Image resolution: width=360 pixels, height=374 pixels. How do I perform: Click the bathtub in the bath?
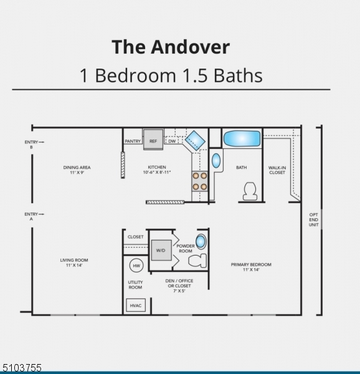click(x=242, y=138)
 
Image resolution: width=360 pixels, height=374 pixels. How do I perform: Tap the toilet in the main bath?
click(x=250, y=191)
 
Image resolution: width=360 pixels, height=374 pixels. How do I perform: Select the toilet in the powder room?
click(x=197, y=261)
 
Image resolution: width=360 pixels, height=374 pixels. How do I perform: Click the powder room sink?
click(x=201, y=241)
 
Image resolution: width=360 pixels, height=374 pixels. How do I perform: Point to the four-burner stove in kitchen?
click(x=200, y=181)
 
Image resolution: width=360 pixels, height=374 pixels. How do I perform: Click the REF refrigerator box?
click(x=153, y=140)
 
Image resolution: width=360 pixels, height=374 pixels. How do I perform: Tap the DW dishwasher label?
click(x=172, y=141)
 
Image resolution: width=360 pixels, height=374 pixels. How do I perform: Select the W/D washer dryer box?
click(x=161, y=250)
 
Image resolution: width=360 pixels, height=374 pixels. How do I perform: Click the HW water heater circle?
click(x=136, y=266)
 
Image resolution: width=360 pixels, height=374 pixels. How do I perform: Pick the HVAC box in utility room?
click(x=136, y=305)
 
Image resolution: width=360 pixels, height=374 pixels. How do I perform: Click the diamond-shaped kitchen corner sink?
click(x=195, y=140)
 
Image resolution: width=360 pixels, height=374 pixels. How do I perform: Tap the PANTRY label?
click(x=133, y=141)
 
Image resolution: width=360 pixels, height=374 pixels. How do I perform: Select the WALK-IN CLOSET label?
click(x=277, y=170)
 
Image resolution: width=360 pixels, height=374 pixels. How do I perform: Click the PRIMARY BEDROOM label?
click(x=251, y=267)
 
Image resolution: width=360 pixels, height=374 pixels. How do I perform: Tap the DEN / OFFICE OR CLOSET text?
click(x=179, y=285)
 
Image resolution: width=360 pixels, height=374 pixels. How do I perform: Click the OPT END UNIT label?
click(x=313, y=219)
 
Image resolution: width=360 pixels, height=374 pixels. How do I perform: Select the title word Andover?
click(x=190, y=47)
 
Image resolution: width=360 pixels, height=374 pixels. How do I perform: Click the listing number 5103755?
click(x=21, y=368)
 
